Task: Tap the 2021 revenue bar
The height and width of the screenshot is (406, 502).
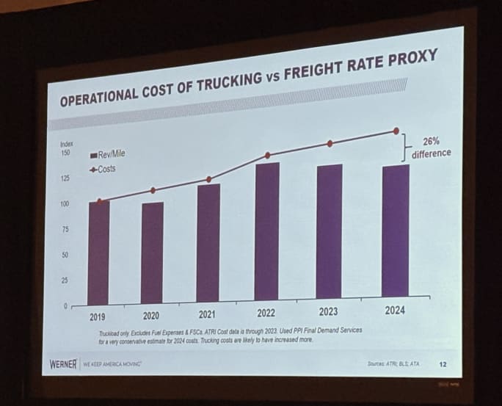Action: click(208, 242)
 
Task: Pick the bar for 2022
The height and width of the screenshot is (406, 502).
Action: click(267, 231)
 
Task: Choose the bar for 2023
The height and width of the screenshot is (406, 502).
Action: click(329, 231)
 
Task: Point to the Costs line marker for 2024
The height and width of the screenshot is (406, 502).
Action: click(397, 131)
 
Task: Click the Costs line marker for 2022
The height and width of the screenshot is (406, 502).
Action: click(267, 155)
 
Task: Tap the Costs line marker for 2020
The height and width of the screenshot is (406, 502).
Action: click(153, 190)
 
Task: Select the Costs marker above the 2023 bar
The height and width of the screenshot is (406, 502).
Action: click(330, 143)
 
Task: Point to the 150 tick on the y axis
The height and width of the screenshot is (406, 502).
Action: click(65, 153)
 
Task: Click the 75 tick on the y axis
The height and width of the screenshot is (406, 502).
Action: click(65, 230)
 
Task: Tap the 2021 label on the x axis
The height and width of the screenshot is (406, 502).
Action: click(207, 315)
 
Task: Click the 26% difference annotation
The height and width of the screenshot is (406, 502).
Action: click(431, 147)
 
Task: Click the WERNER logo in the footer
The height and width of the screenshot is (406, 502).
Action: click(62, 364)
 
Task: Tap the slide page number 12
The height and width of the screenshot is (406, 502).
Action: click(443, 363)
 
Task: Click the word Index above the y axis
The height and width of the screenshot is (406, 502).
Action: click(66, 144)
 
